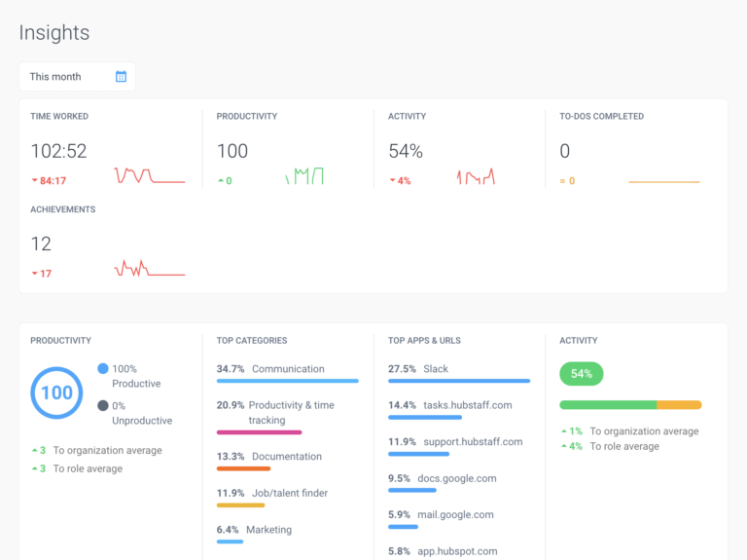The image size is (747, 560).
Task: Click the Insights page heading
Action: (x=54, y=33)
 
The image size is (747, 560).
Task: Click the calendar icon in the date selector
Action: (x=121, y=77)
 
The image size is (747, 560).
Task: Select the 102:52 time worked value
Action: (x=58, y=151)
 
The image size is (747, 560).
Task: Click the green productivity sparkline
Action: (x=304, y=176)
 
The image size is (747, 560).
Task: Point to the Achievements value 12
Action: (x=41, y=243)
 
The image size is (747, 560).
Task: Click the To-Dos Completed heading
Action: (x=601, y=117)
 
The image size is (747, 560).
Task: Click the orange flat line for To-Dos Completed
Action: (x=663, y=182)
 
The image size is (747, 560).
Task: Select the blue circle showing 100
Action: (x=56, y=392)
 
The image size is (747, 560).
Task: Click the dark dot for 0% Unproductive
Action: (x=103, y=405)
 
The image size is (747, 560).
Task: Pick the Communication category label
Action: (x=288, y=369)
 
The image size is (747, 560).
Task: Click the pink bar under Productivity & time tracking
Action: (x=259, y=431)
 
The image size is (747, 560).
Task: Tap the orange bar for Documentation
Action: (x=243, y=468)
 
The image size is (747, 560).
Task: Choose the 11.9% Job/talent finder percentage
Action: (x=231, y=493)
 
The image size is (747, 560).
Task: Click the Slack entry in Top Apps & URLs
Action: (x=436, y=369)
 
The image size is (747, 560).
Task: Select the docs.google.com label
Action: (x=456, y=478)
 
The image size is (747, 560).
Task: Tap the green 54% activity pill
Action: (x=582, y=374)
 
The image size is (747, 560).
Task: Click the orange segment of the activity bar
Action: (x=679, y=404)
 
